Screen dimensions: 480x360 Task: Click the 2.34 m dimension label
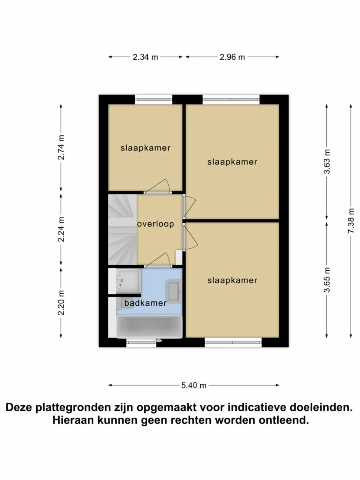[145, 57]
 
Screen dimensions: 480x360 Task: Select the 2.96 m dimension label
[232, 57]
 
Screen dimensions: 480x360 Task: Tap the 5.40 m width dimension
[194, 385]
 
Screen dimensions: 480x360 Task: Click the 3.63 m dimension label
[327, 161]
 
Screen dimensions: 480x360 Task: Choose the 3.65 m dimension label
[327, 279]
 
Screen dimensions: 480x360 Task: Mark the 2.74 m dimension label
[61, 147]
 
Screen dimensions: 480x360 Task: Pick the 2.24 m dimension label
[61, 229]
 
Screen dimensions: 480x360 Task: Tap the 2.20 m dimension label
[61, 303]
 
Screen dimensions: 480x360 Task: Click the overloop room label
[155, 224]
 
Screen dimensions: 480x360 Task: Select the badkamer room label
[145, 303]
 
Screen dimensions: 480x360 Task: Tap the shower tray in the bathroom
[128, 280]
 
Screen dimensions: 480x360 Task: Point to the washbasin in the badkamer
[174, 291]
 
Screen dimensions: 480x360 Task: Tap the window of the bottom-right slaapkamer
[233, 342]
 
